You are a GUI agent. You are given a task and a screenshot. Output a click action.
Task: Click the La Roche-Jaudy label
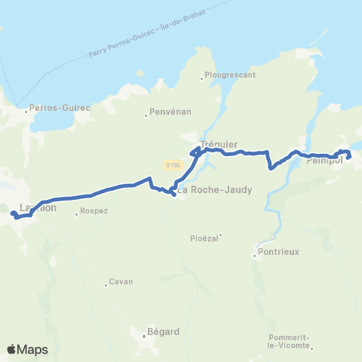pyautogui.click(x=215, y=190)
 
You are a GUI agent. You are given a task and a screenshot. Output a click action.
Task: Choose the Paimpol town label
pyautogui.click(x=326, y=160)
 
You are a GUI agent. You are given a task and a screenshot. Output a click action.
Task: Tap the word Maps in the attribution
pyautogui.click(x=33, y=349)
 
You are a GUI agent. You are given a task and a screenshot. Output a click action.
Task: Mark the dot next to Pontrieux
pyautogui.click(x=255, y=255)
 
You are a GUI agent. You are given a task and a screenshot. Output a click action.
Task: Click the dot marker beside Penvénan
pyautogui.click(x=146, y=115)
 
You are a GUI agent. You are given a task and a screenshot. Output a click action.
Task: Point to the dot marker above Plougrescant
pyautogui.click(x=205, y=75)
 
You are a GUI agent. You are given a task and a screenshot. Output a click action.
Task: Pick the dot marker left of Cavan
pyautogui.click(x=106, y=284)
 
